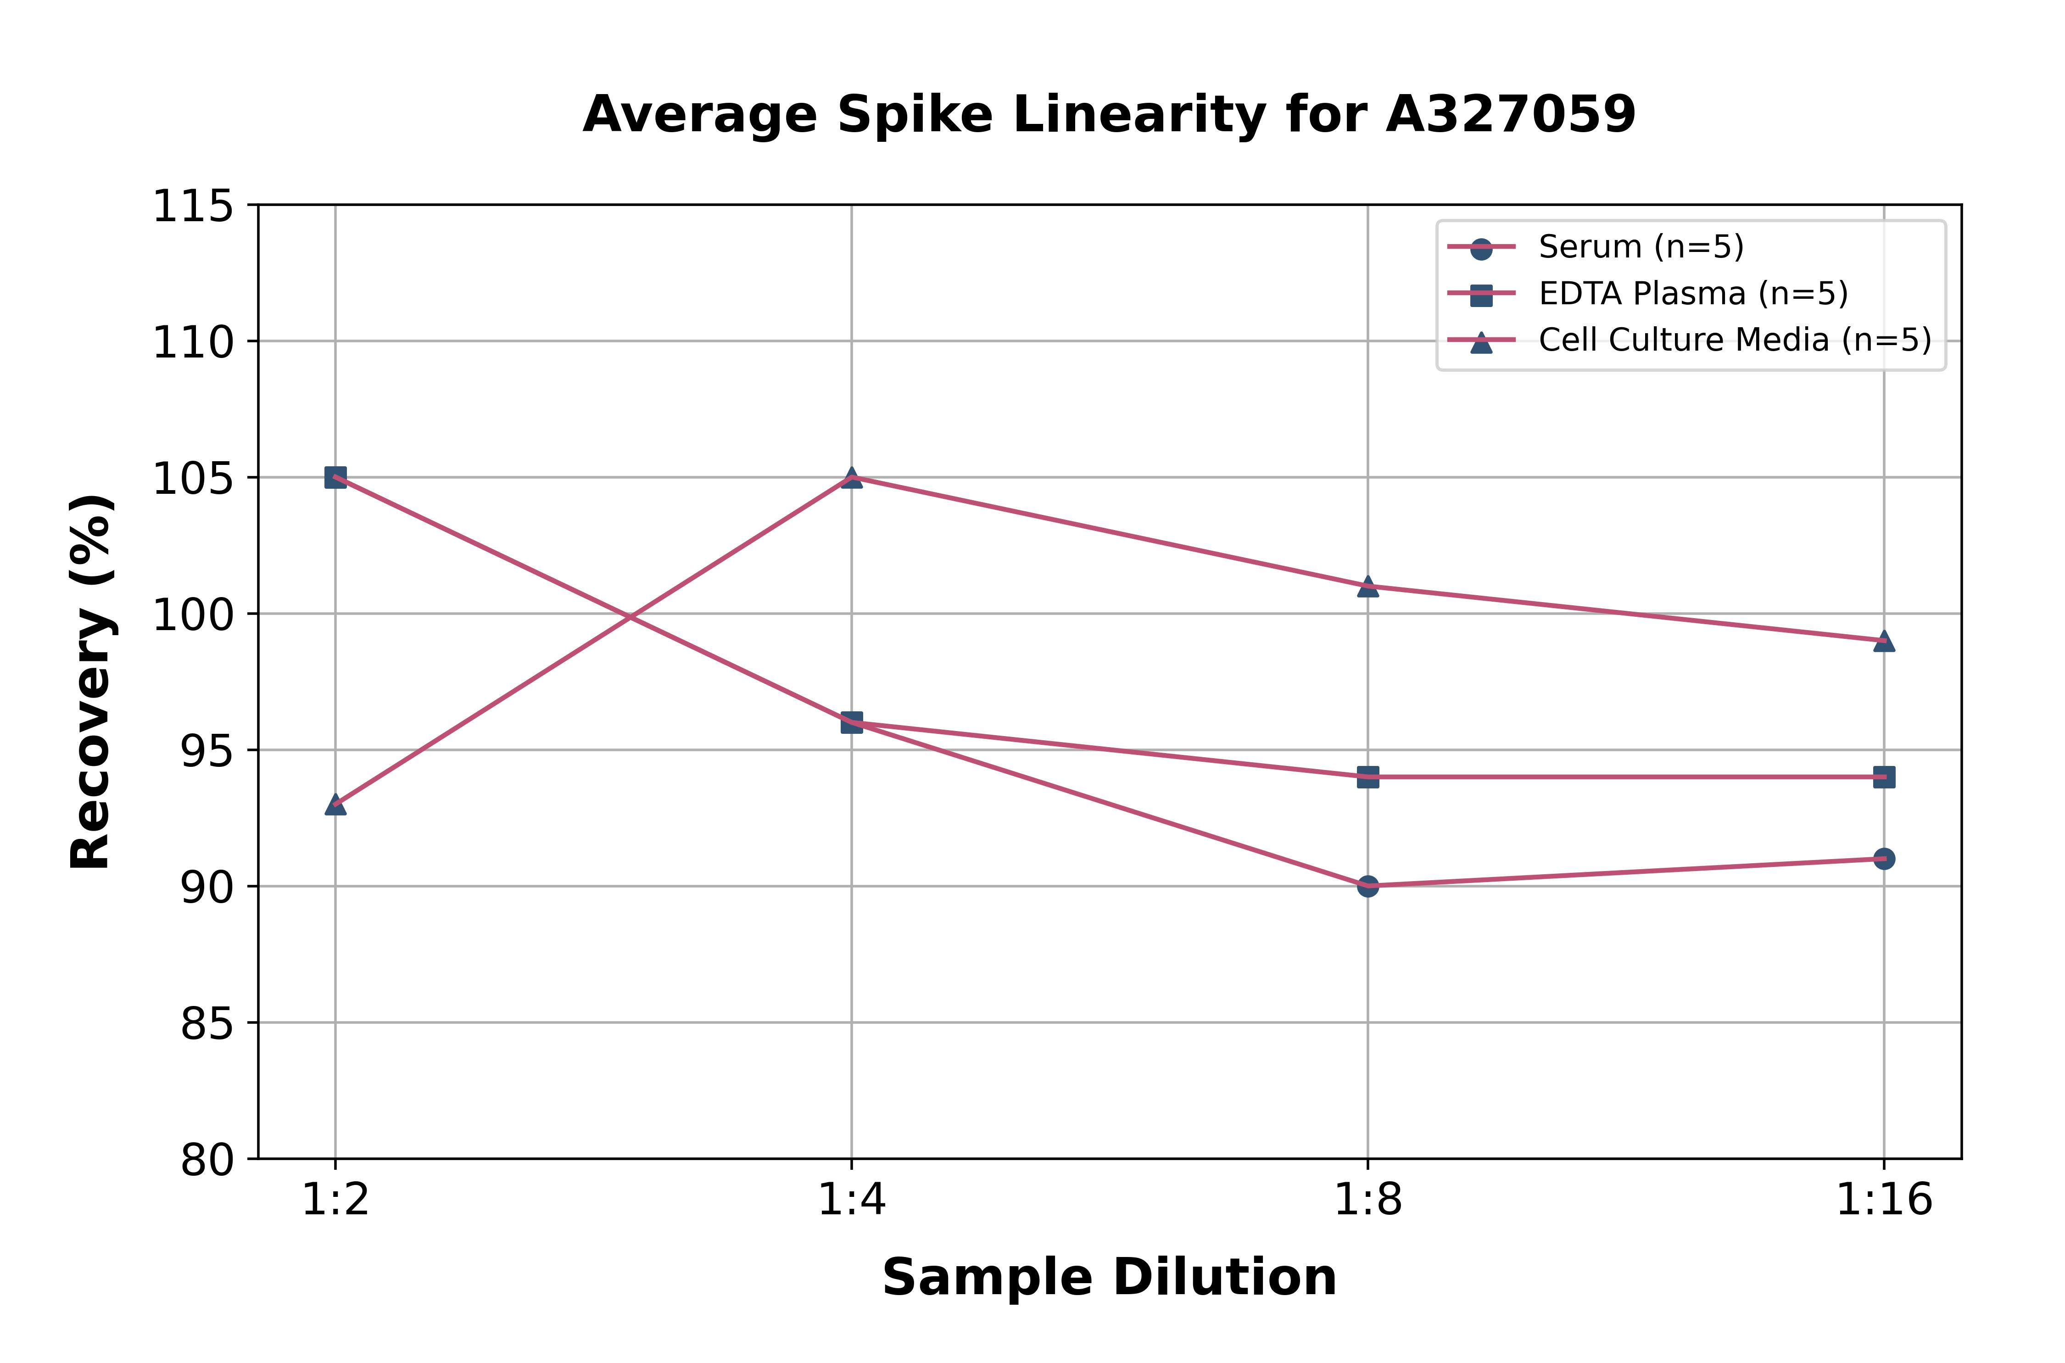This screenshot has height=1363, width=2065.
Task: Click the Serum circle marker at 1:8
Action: coord(1368,886)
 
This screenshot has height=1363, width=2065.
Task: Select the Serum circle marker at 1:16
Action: coord(1883,859)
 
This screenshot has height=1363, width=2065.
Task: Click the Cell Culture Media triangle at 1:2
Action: coord(335,805)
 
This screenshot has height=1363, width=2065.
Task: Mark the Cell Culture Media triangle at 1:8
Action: coord(1368,587)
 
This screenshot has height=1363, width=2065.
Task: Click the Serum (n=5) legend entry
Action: coord(1640,247)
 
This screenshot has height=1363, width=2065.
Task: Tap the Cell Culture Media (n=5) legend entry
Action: coord(1734,340)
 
